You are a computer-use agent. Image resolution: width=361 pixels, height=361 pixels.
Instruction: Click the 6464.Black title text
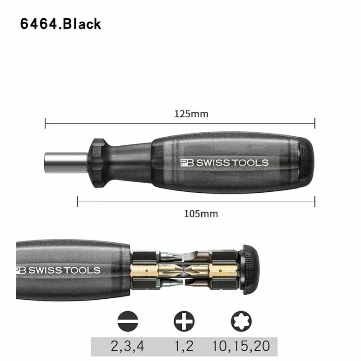click(60, 24)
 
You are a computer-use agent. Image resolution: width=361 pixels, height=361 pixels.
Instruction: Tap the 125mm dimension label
click(191, 114)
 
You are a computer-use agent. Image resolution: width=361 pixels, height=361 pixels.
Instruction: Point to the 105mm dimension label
click(201, 214)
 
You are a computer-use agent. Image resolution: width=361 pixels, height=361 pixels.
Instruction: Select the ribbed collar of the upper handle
click(98, 163)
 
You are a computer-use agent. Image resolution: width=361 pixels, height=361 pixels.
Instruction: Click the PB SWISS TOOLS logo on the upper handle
click(224, 162)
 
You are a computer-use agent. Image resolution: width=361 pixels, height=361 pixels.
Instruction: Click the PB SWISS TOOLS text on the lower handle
click(58, 270)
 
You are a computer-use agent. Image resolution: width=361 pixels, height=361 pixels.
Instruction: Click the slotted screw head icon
click(128, 321)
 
